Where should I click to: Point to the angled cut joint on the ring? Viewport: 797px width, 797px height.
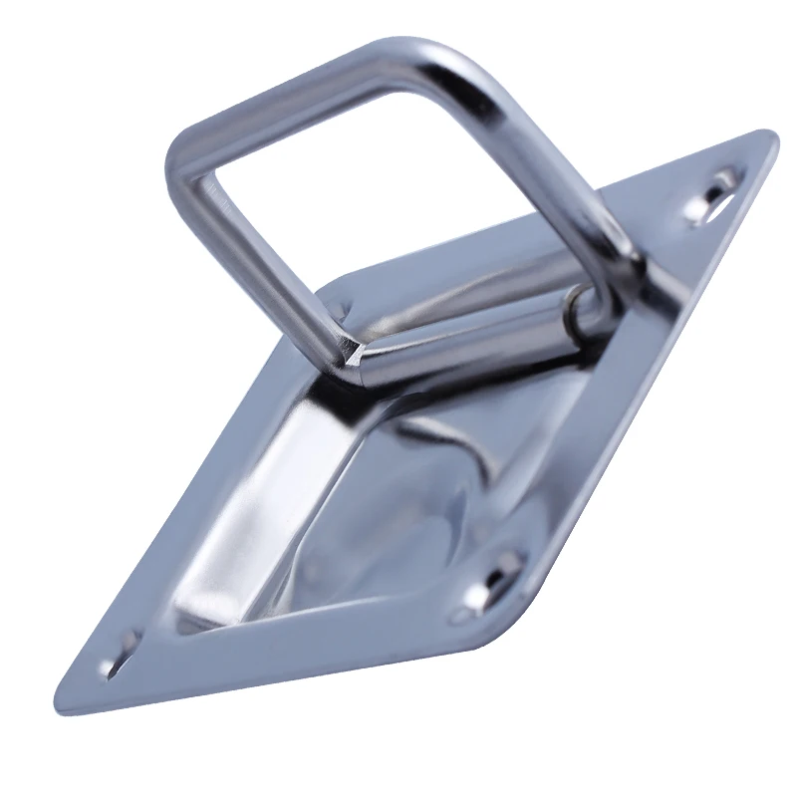[x=356, y=351]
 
